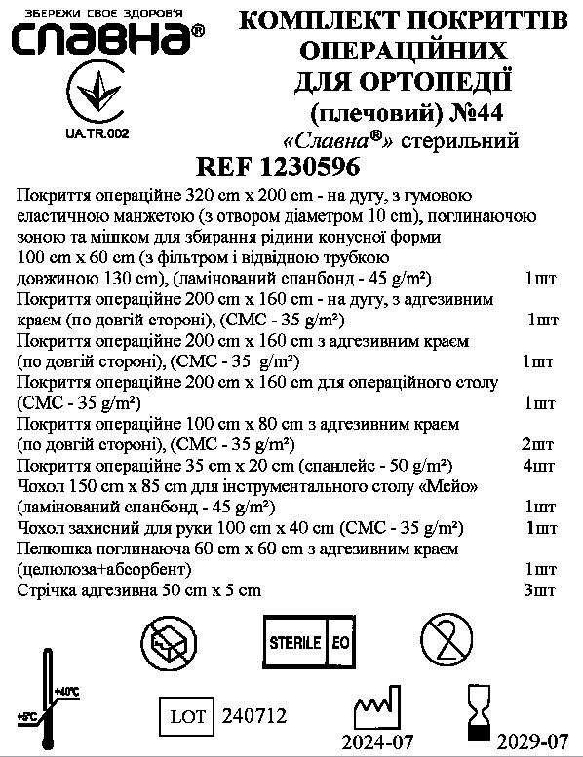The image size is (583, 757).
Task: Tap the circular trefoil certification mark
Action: [x=98, y=96]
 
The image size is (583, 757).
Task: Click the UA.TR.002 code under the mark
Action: [x=97, y=132]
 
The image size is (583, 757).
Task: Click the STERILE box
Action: [x=295, y=643]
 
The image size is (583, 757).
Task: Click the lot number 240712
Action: [x=254, y=717]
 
